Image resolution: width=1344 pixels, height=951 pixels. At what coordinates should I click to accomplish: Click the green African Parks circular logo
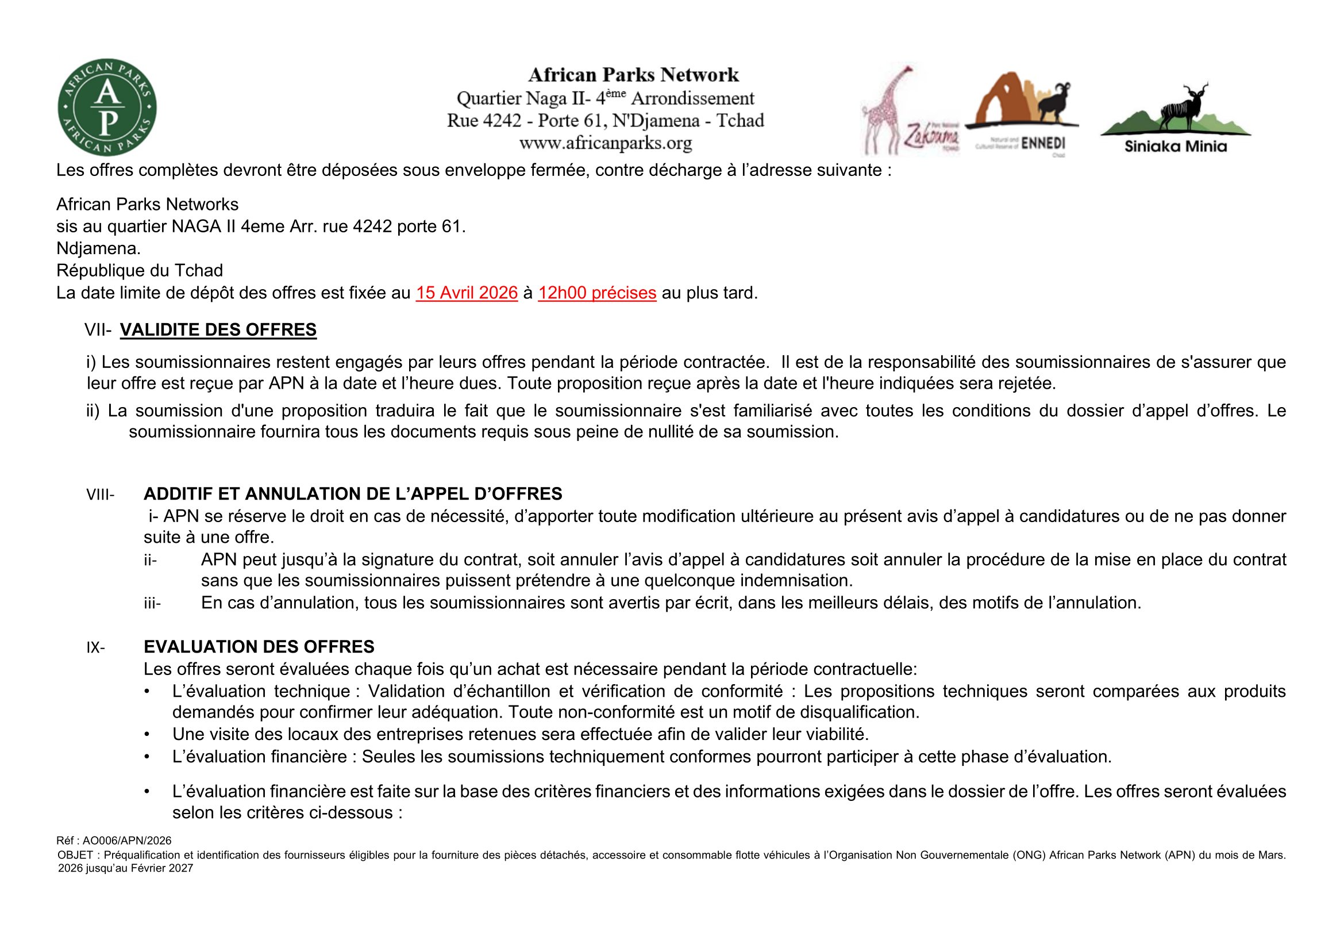click(x=107, y=107)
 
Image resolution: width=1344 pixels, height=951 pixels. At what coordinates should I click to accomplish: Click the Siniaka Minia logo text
click(x=1176, y=146)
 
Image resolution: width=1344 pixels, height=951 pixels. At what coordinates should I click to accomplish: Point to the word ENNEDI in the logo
click(x=1043, y=144)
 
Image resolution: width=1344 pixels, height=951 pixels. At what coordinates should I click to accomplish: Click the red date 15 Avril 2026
click(x=467, y=293)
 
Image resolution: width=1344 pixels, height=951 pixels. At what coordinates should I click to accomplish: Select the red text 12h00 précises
click(x=597, y=293)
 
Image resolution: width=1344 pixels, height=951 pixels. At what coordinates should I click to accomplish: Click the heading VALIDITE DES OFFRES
click(x=218, y=329)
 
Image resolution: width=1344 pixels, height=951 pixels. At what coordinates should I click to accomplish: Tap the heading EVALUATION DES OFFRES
click(x=259, y=646)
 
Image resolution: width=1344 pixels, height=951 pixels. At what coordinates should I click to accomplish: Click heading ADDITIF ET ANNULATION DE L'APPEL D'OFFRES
click(x=352, y=494)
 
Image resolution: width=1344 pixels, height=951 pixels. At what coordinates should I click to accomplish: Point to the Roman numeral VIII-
click(x=101, y=495)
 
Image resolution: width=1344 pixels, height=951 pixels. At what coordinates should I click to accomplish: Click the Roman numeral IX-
click(x=96, y=647)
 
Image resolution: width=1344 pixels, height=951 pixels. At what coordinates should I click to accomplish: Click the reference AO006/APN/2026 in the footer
click(x=126, y=841)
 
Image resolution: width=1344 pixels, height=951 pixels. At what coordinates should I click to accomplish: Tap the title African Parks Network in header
click(x=633, y=75)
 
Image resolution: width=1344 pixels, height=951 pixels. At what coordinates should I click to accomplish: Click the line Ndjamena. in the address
click(x=98, y=248)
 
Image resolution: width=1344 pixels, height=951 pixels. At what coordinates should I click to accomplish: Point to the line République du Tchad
click(x=139, y=271)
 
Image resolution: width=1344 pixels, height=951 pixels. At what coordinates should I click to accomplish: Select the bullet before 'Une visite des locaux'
click(x=147, y=734)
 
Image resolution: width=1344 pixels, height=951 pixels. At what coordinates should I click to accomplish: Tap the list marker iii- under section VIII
click(x=152, y=603)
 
